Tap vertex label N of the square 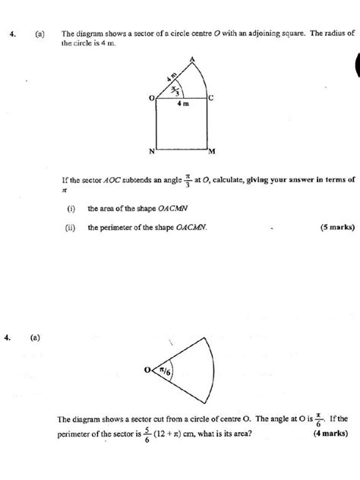(150, 152)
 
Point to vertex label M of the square (212, 151)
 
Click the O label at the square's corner (151, 98)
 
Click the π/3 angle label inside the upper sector (176, 90)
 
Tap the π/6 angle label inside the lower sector (165, 371)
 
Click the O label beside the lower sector (150, 371)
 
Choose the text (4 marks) (333, 434)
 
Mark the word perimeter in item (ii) (115, 226)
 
